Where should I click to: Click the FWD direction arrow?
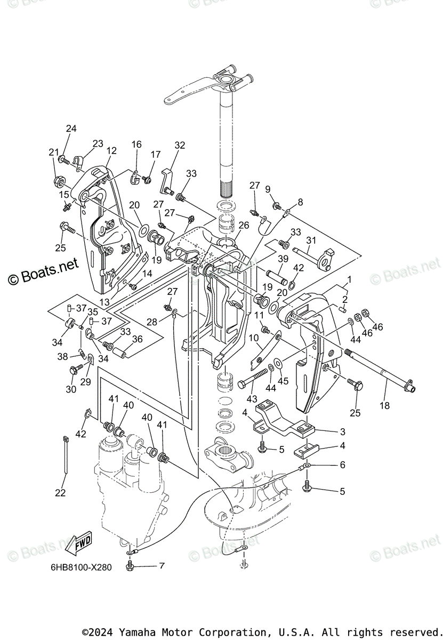pos(79,544)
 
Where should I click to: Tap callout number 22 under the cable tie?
pos(60,493)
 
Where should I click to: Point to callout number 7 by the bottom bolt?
pos(162,564)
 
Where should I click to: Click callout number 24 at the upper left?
pos(71,129)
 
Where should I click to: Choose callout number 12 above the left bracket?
pos(111,151)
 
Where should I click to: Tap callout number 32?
pos(180,145)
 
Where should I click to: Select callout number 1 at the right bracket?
pos(350,279)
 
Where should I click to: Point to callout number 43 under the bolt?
pos(251,398)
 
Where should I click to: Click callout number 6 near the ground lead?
pos(342,465)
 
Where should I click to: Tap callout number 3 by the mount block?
pos(343,431)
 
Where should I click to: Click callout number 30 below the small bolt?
pos(71,389)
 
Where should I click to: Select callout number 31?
pos(311,241)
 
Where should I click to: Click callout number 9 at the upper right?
pos(268,189)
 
